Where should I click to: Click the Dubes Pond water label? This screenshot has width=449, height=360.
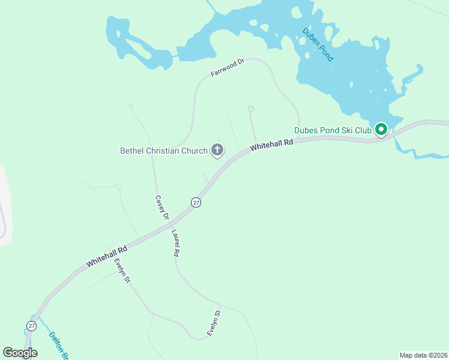coord(318,45)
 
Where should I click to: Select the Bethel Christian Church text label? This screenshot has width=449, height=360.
coord(164,150)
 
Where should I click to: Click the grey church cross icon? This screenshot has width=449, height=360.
coord(217,150)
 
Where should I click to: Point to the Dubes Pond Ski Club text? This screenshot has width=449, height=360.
coord(332,129)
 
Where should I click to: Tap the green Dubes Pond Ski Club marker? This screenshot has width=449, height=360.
coord(381,129)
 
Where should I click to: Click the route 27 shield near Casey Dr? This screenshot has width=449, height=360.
coord(196,203)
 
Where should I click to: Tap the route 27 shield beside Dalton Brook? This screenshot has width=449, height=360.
coord(31,326)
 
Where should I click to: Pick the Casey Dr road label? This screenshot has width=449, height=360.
coord(162,208)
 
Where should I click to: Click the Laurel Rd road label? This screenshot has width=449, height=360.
coord(176,244)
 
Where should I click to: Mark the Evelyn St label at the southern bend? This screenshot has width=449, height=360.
coord(214,323)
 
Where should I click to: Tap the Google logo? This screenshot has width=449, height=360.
coord(20,352)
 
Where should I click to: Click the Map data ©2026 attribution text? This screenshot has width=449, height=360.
coord(423,355)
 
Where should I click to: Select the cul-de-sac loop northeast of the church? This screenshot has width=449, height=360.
coord(251,109)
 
